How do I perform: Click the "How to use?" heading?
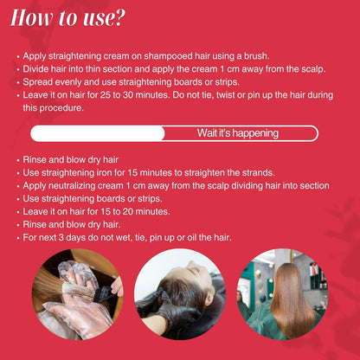point(67,18)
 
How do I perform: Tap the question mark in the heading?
point(119,18)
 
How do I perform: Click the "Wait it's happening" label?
point(238,133)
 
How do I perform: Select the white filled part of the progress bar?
point(98,133)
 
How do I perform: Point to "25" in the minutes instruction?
point(106,95)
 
